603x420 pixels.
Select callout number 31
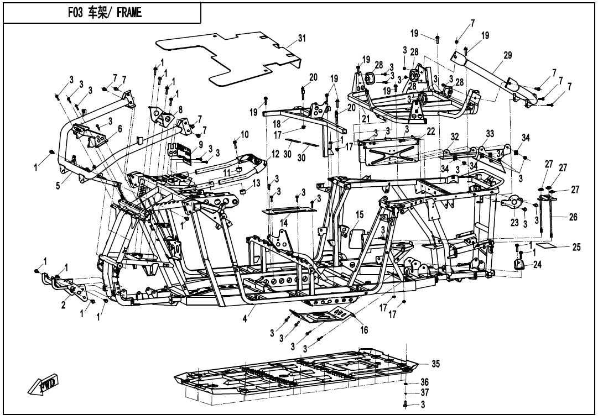[301, 38]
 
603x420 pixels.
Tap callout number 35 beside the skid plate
[435, 364]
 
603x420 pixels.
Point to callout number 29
[507, 55]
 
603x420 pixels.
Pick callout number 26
[573, 217]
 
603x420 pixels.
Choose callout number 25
[576, 247]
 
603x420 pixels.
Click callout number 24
[537, 264]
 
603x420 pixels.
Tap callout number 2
[64, 306]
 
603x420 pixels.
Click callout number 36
[424, 382]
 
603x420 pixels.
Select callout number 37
[424, 392]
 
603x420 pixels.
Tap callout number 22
[430, 130]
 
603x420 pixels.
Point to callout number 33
[490, 134]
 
